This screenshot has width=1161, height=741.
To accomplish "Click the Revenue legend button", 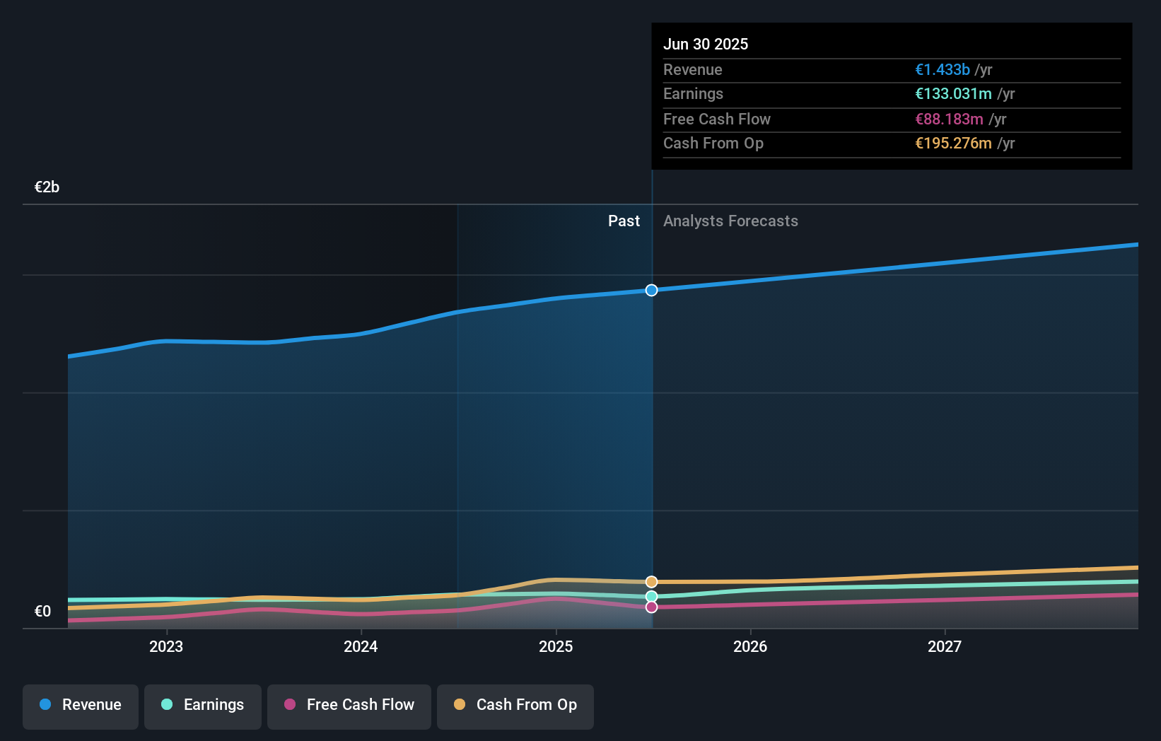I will [81, 706].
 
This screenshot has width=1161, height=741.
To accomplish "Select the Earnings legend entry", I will [203, 706].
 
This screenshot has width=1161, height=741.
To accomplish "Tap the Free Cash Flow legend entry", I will [349, 706].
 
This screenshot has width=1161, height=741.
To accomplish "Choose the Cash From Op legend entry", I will [515, 706].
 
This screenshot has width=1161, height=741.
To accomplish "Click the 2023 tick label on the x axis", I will [166, 646].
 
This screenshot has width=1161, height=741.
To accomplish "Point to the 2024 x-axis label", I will [361, 646].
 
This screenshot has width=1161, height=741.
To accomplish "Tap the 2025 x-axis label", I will [556, 646].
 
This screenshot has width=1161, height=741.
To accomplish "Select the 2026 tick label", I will [750, 646].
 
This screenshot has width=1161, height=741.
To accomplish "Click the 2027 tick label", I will [945, 646].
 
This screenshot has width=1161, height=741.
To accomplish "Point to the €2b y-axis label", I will [47, 187].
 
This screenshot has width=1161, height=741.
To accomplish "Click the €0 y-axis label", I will [42, 612].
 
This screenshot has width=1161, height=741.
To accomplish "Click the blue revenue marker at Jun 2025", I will [651, 290].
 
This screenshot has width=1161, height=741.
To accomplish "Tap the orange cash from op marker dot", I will [651, 582].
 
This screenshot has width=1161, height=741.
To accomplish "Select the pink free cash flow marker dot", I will [651, 607].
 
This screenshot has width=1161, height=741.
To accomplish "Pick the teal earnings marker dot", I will [651, 597].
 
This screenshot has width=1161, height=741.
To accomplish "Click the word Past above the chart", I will [624, 221].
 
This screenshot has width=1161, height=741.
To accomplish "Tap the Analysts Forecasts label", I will [730, 221].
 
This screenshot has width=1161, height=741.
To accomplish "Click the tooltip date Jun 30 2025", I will [706, 44].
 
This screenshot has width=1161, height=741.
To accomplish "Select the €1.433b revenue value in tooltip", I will [942, 69].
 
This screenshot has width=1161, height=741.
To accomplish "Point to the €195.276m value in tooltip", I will [953, 143].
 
